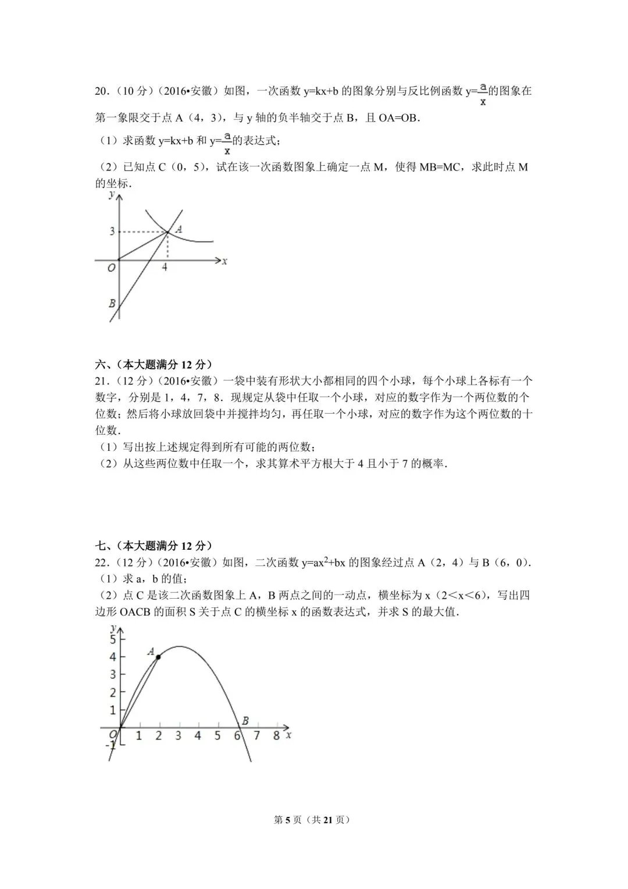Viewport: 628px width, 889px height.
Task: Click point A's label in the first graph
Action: (x=179, y=229)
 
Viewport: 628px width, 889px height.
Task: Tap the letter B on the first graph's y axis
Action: (x=112, y=303)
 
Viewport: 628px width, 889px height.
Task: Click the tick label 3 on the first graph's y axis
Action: (x=112, y=232)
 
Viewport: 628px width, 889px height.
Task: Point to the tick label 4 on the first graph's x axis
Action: (x=165, y=268)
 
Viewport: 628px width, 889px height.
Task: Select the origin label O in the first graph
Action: (x=110, y=268)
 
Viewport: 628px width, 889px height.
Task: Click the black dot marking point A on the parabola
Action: (x=158, y=656)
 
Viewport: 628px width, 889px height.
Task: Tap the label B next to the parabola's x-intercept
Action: (x=245, y=721)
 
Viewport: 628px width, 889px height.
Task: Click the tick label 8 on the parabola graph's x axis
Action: (x=276, y=736)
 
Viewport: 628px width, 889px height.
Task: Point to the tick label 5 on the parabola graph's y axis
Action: (x=113, y=639)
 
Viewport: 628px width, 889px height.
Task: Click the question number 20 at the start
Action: (x=101, y=91)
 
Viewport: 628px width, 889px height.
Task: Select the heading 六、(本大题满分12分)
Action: (x=153, y=365)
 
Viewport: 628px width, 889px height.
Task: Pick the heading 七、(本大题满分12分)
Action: (x=153, y=546)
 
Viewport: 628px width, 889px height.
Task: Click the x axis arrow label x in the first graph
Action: (x=224, y=261)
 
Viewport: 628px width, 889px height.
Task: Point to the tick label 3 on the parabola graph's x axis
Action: (x=178, y=736)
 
